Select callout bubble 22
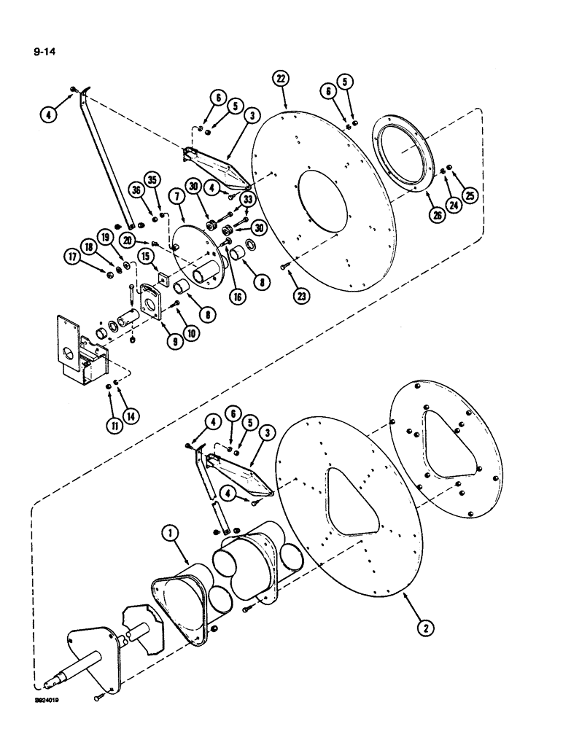point(282,78)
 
